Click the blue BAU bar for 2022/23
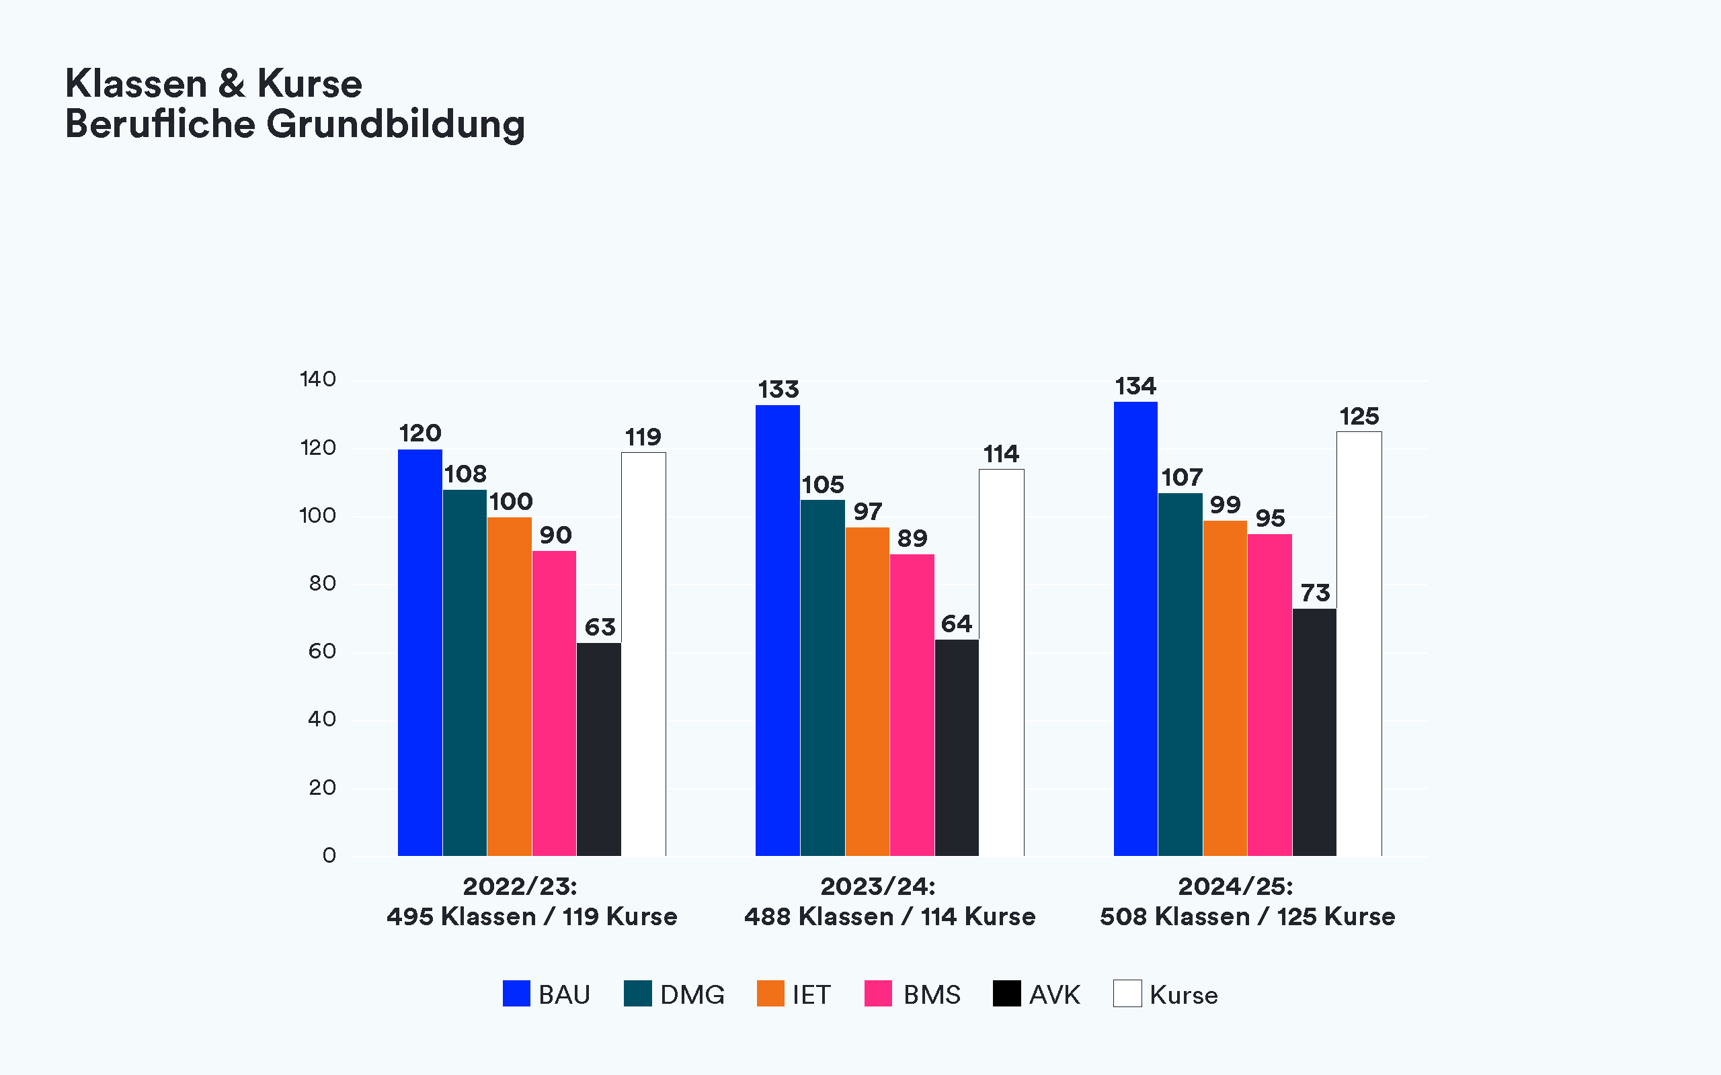[419, 652]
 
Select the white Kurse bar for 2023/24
[1001, 662]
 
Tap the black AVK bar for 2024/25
[1314, 732]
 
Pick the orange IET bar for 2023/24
[867, 691]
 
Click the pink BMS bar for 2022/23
[554, 703]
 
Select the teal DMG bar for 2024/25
[1180, 674]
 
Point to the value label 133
[778, 390]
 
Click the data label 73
[1315, 593]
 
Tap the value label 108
[465, 474]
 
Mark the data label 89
[912, 538]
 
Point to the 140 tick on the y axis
[317, 379]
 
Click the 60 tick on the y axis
[321, 651]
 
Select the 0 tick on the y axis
[329, 855]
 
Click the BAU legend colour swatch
[516, 993]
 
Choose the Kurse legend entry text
[1183, 994]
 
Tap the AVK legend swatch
[1006, 993]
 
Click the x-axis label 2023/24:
[877, 887]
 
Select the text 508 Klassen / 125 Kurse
[1247, 916]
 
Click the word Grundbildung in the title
[395, 124]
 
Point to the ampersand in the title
[232, 84]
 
